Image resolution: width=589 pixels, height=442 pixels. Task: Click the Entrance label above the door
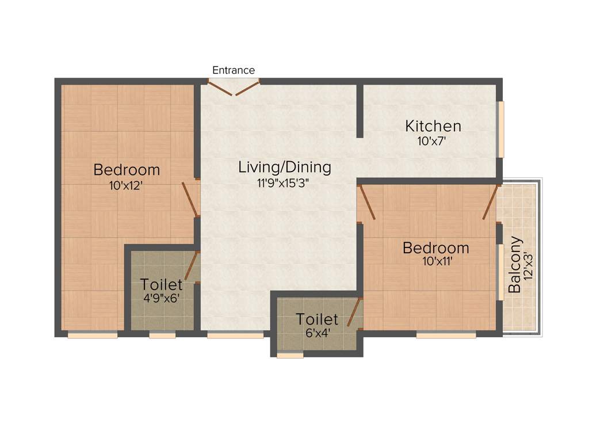click(234, 70)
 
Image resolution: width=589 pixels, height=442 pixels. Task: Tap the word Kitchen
click(433, 125)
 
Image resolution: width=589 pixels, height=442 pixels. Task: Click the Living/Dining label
click(285, 167)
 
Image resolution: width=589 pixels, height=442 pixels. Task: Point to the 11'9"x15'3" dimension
click(285, 184)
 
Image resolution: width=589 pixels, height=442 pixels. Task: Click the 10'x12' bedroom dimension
click(127, 185)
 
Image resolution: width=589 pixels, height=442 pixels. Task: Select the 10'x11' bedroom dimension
click(435, 263)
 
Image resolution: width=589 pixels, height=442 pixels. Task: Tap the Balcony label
click(515, 265)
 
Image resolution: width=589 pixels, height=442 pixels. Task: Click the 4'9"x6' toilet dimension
click(162, 300)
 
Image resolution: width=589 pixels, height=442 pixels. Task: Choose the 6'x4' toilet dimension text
click(317, 332)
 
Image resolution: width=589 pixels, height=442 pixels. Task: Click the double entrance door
click(234, 87)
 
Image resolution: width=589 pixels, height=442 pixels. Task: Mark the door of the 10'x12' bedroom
click(190, 199)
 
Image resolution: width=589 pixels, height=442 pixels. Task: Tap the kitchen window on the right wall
click(501, 129)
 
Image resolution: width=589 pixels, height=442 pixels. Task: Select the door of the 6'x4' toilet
click(354, 313)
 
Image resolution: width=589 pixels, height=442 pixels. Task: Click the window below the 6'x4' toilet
click(290, 356)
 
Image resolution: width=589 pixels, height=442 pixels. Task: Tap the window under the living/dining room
click(235, 334)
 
